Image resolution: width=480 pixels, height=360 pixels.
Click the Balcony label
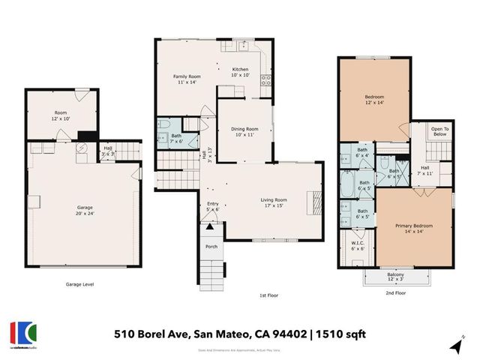tap(399, 277)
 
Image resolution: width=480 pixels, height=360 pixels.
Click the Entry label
tap(213, 206)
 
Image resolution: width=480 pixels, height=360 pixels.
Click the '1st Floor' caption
tap(269, 295)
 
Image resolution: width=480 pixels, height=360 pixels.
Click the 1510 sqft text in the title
tap(342, 332)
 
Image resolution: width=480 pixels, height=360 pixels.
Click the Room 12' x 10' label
tap(61, 116)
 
